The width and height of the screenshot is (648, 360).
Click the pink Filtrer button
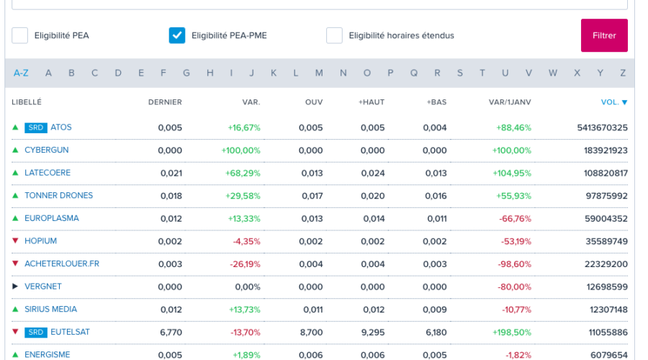point(604,35)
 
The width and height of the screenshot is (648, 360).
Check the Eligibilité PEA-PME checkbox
point(177,35)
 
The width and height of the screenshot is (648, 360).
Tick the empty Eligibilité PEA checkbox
point(20,35)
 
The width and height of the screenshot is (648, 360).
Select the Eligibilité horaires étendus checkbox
point(334,35)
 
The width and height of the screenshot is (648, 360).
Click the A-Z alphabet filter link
point(21,73)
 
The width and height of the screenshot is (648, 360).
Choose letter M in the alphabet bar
point(319,73)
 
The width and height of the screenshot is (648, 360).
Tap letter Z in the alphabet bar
point(623,73)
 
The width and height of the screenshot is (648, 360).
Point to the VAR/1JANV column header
point(510,102)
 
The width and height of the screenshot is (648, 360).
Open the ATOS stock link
point(61,127)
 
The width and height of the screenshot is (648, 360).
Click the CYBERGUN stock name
point(47,150)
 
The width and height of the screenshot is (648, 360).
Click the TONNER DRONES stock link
point(58,196)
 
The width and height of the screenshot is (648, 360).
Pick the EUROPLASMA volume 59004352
point(602,219)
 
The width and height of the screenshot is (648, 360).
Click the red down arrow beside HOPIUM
point(15,241)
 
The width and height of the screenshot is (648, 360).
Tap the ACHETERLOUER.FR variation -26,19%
point(246,264)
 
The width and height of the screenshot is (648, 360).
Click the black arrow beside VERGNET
point(15,287)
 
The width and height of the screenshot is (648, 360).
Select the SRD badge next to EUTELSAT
point(36,333)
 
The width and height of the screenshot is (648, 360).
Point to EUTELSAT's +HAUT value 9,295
point(372,333)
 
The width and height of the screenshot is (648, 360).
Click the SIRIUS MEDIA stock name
point(50,310)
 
